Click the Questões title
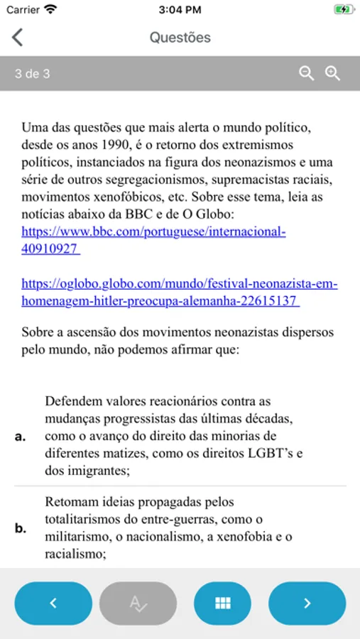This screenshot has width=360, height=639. [x=180, y=38]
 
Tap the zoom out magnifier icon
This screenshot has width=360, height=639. [x=306, y=73]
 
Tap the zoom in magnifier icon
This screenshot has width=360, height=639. [x=332, y=73]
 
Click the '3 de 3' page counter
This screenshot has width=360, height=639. [x=33, y=73]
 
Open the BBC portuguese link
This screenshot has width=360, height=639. [x=153, y=240]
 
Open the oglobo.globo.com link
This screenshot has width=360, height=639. [x=179, y=293]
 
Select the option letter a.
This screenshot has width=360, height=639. [x=21, y=437]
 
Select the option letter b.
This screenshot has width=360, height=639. [x=21, y=528]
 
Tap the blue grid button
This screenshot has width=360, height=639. [x=223, y=603]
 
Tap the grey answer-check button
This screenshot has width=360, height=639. [x=138, y=603]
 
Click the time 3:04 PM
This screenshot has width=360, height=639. [x=180, y=10]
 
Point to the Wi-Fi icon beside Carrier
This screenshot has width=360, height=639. [x=50, y=10]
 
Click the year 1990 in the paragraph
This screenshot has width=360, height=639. [x=109, y=145]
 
